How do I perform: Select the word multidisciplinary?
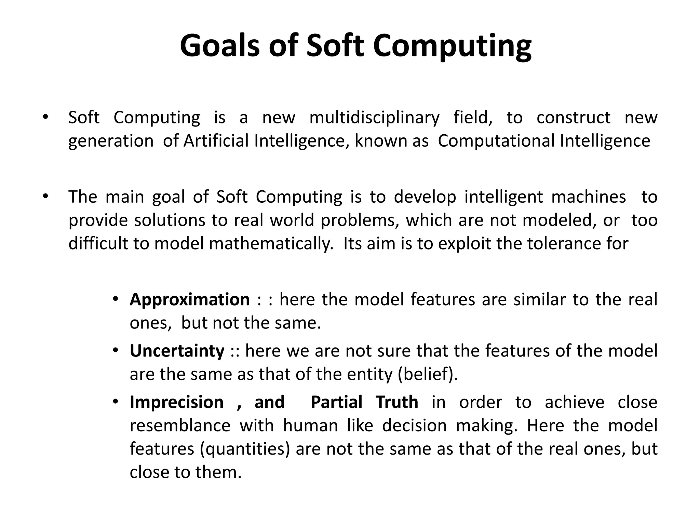pyautogui.click(x=374, y=118)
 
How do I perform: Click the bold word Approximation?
pyautogui.click(x=190, y=300)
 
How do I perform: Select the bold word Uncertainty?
pyautogui.click(x=177, y=351)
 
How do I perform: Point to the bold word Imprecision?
pyautogui.click(x=176, y=402)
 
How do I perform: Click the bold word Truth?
pyautogui.click(x=396, y=402)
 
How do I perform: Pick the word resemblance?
pyautogui.click(x=180, y=426)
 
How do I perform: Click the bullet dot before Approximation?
pyautogui.click(x=116, y=299)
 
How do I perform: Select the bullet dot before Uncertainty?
pyautogui.click(x=116, y=350)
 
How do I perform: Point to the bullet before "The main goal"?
pyautogui.click(x=45, y=197)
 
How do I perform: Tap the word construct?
pyautogui.click(x=573, y=118)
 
